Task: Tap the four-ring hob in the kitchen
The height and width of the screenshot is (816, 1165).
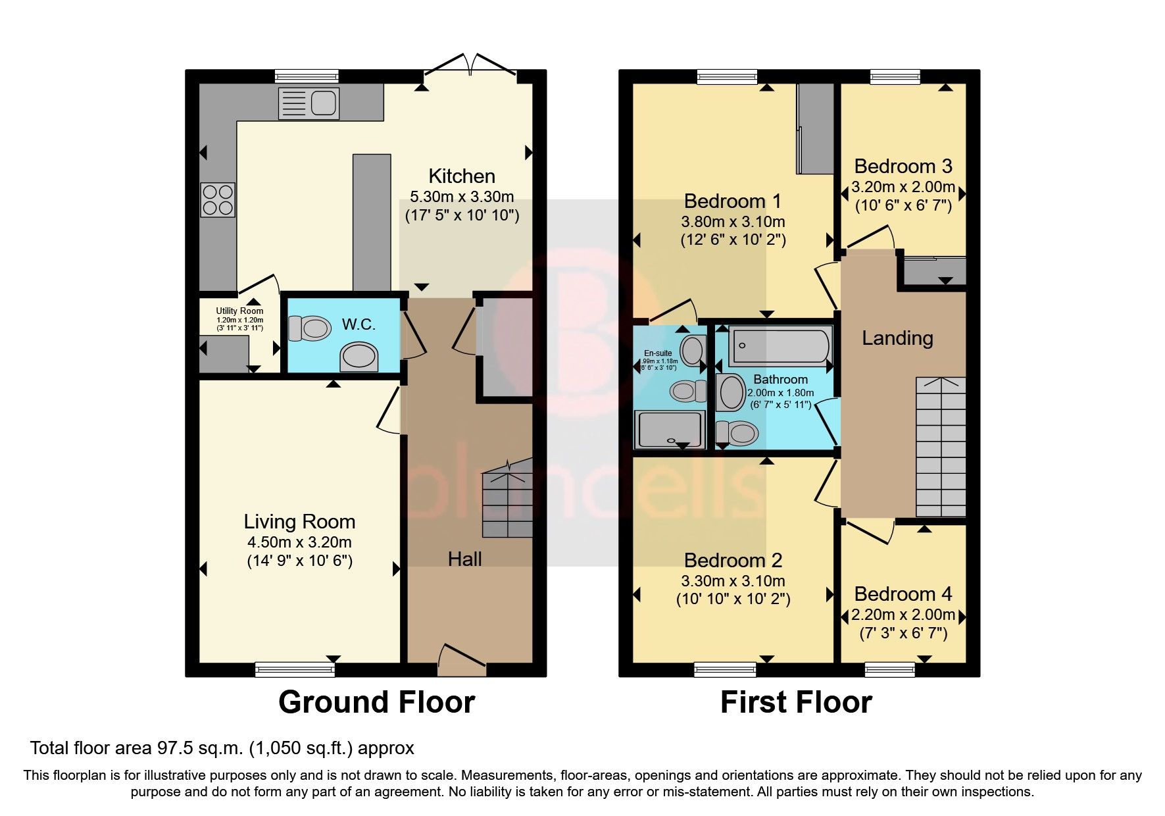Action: click(218, 199)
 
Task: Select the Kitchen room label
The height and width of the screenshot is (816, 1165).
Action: click(461, 176)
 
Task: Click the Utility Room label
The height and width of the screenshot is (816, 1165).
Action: click(239, 311)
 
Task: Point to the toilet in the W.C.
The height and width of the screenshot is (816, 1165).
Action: click(310, 328)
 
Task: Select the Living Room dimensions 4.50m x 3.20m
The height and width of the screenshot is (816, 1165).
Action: click(299, 542)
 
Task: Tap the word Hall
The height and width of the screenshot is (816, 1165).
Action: click(464, 559)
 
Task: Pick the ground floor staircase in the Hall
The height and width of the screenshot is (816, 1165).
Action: click(507, 499)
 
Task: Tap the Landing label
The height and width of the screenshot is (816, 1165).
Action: click(897, 338)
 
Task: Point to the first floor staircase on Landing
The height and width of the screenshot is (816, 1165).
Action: click(941, 447)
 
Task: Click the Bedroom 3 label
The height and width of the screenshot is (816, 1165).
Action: click(903, 166)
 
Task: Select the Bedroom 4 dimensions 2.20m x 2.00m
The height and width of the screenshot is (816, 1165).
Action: click(903, 615)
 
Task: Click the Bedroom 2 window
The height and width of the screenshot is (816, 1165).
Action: click(726, 670)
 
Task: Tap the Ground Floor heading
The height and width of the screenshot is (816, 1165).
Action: click(376, 702)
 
